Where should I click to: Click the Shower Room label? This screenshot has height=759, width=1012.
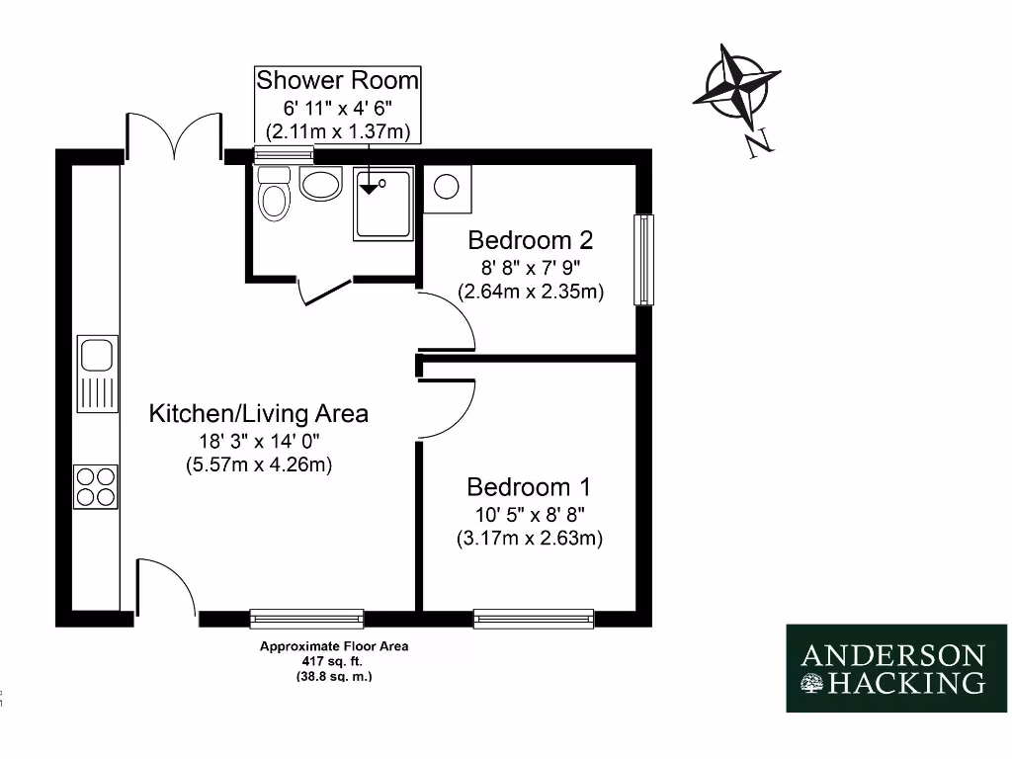(x=337, y=80)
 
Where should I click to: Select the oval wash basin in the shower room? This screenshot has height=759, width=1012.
(x=319, y=183)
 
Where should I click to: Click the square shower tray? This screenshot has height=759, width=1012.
(x=382, y=204)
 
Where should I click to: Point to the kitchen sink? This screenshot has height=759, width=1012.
(x=98, y=355)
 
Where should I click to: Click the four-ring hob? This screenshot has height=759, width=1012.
(x=96, y=486)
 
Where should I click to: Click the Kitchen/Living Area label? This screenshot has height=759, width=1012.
(x=258, y=413)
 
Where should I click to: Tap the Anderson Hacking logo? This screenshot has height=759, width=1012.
(x=896, y=669)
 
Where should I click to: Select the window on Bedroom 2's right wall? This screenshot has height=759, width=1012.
(x=644, y=259)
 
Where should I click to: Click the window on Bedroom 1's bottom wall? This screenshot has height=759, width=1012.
(x=534, y=619)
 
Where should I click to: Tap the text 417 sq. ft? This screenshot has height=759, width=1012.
(x=334, y=662)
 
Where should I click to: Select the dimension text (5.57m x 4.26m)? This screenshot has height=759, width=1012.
(x=258, y=464)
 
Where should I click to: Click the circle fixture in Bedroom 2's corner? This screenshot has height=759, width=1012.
(x=447, y=187)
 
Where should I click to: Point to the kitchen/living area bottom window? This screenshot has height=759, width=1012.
(x=306, y=619)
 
